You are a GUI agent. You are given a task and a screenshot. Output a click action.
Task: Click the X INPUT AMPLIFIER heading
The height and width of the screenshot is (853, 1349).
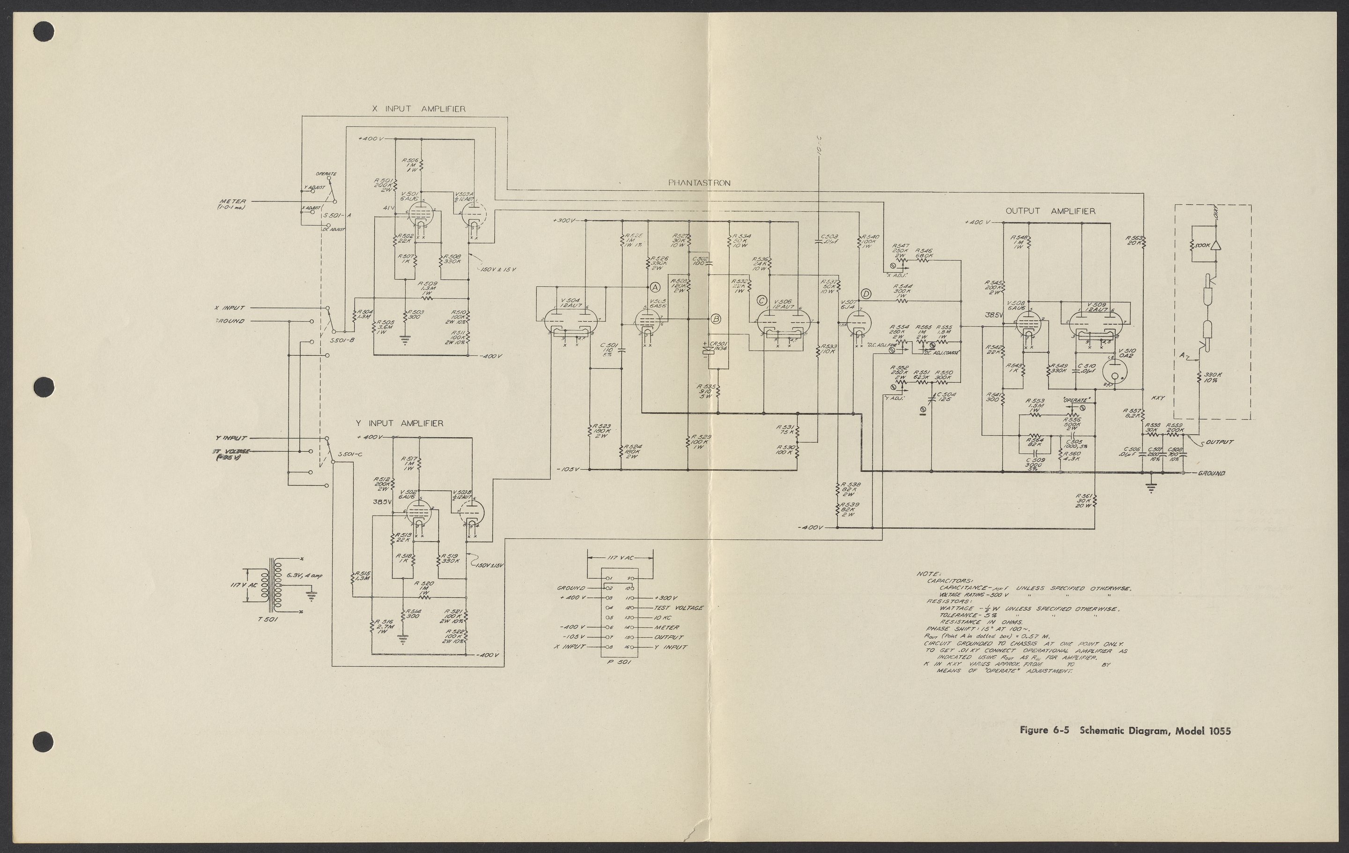point(418,109)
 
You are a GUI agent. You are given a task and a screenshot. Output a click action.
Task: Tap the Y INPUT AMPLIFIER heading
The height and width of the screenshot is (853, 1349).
point(400,424)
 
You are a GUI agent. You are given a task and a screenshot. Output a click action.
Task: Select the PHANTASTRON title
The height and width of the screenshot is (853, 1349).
point(699,183)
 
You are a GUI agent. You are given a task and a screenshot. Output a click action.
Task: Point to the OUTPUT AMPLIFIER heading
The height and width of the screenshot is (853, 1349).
point(1050,211)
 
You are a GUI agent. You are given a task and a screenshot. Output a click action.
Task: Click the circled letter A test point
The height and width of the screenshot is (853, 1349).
point(655,287)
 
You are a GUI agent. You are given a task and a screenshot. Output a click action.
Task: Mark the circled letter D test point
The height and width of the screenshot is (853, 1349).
point(866,294)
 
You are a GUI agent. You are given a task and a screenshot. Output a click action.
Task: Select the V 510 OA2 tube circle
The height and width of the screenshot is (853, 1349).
point(1112,371)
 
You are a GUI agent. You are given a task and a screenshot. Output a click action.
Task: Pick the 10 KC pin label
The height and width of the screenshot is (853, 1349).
point(666,618)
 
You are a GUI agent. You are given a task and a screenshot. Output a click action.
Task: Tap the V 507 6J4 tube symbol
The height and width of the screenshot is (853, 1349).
point(857,324)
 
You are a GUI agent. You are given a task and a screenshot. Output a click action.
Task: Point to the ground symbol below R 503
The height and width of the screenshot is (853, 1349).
point(405,338)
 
